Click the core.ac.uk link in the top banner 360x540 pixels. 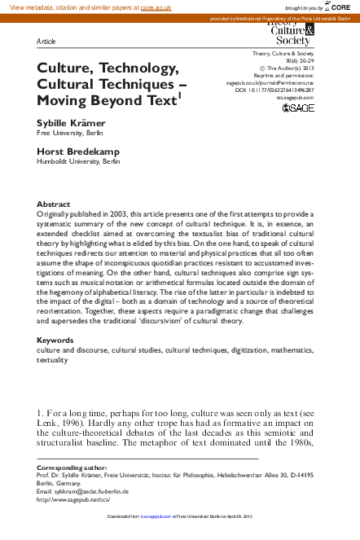click(x=157, y=7)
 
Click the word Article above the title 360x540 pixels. click(x=47, y=40)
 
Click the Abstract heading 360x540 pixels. click(x=53, y=204)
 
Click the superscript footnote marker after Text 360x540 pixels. click(x=180, y=94)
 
